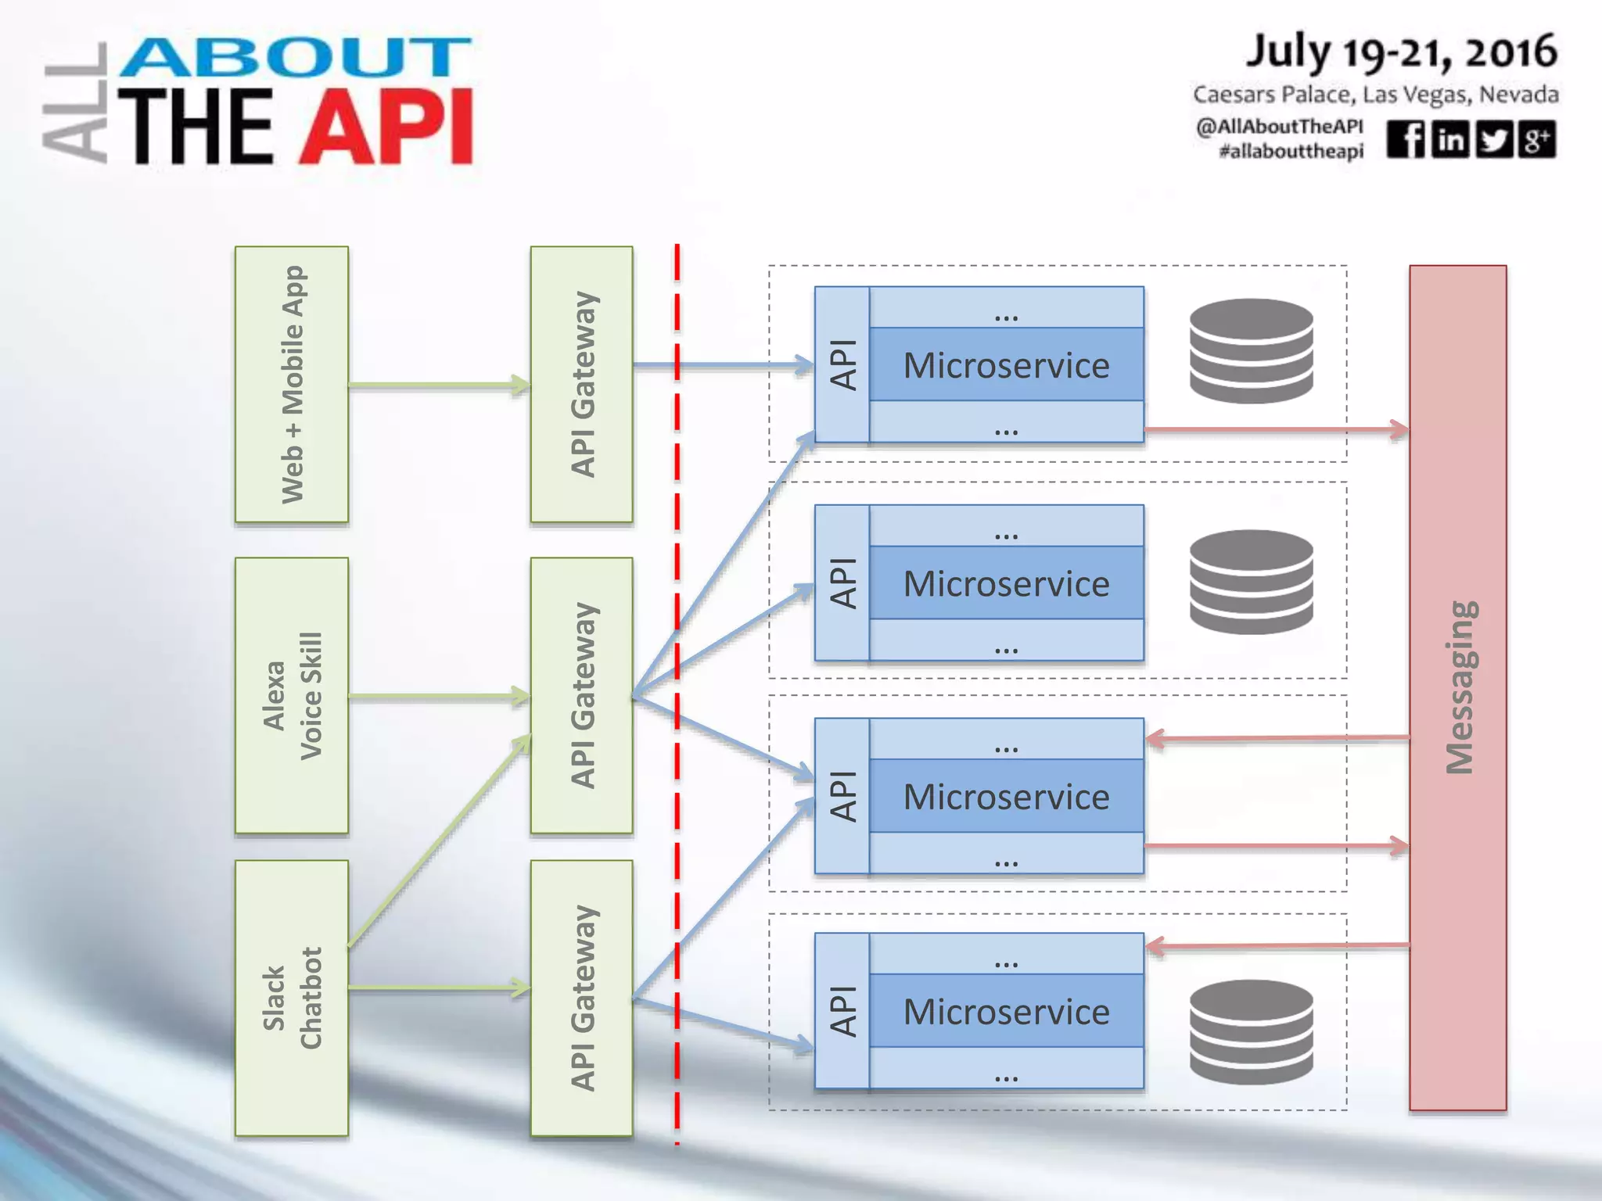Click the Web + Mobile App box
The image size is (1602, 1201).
(292, 384)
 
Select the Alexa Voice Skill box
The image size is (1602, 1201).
(292, 695)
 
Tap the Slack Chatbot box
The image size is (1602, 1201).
(292, 998)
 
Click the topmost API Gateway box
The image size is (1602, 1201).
(581, 384)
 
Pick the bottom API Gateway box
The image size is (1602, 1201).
(581, 998)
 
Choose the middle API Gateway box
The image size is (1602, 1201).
(581, 695)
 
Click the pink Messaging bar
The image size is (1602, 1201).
(1457, 687)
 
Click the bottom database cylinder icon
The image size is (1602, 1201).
(1251, 1031)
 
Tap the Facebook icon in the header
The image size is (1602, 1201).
(1406, 139)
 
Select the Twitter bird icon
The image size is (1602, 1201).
(1494, 139)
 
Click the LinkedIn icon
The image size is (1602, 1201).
(1450, 139)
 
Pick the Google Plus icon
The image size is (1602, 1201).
(1537, 139)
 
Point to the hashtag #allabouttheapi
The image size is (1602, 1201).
(1291, 151)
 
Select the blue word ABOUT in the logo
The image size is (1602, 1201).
(296, 58)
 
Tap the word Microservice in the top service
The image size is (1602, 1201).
(1006, 365)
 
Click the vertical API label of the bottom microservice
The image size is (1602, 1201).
(842, 1011)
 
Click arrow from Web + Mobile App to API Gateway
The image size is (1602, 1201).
(438, 385)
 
